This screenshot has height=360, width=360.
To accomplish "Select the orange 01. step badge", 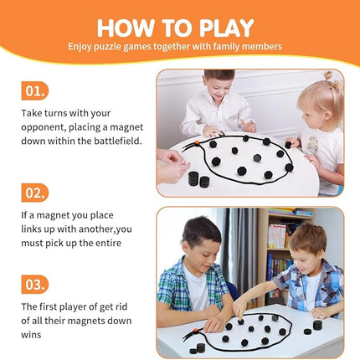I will click(x=33, y=90).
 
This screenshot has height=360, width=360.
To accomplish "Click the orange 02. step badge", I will click(x=33, y=193).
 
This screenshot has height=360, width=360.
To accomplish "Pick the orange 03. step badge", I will click(x=33, y=285).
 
